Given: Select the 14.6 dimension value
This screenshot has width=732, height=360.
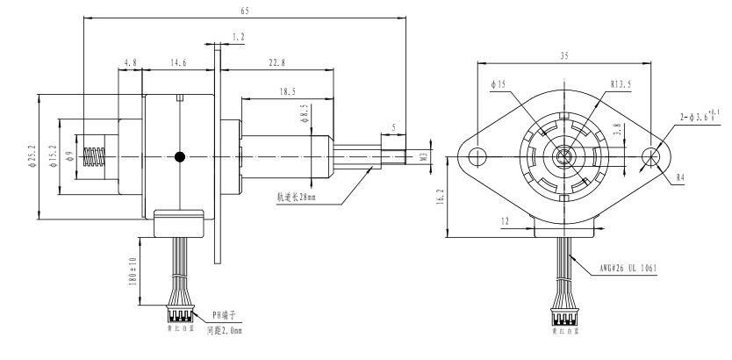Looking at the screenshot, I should click(x=177, y=62).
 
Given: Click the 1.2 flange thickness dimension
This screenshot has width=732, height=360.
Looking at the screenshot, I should click(x=238, y=37).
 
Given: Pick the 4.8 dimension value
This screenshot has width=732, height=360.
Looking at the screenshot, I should click(x=130, y=62).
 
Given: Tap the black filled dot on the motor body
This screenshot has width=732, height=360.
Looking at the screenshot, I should click(x=180, y=157).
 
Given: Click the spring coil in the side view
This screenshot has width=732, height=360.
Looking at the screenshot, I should click(x=92, y=157).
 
